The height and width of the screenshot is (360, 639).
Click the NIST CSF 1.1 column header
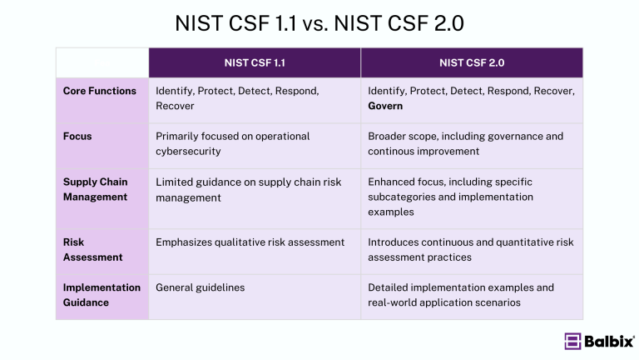(255, 62)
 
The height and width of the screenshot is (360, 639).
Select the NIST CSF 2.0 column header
(472, 62)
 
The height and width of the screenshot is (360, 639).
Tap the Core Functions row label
(99, 91)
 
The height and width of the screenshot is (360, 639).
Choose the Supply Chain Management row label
(95, 189)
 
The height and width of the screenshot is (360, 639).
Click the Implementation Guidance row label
(102, 295)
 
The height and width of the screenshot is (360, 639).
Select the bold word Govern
(385, 106)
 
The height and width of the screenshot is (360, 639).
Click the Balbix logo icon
(572, 341)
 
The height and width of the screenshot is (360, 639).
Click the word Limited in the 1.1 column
(174, 182)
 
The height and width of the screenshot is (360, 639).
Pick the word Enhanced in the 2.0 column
(394, 182)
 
